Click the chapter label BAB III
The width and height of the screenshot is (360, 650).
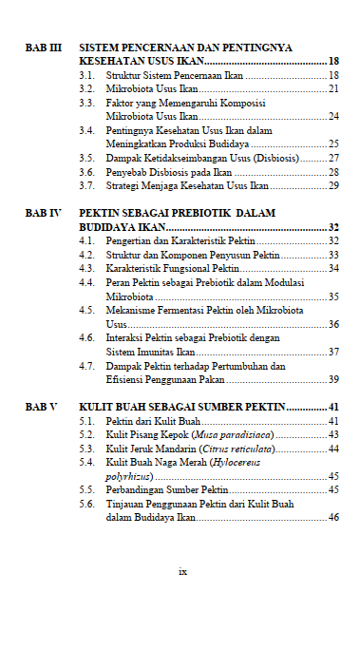pos(43,47)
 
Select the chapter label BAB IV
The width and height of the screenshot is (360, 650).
pos(43,215)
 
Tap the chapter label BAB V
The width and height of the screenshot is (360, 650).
pos(41,407)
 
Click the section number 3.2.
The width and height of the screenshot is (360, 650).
pos(86,88)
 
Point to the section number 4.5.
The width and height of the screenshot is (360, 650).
pos(86,310)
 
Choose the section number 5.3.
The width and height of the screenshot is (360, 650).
pos(86,449)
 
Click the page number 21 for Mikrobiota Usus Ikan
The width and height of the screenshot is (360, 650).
pos(333,88)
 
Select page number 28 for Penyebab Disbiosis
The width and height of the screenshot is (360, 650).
pos(333,172)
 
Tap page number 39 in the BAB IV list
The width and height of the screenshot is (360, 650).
pos(333,379)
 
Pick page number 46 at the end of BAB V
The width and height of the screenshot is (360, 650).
pos(333,517)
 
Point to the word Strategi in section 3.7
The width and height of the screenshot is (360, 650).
pos(123,186)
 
